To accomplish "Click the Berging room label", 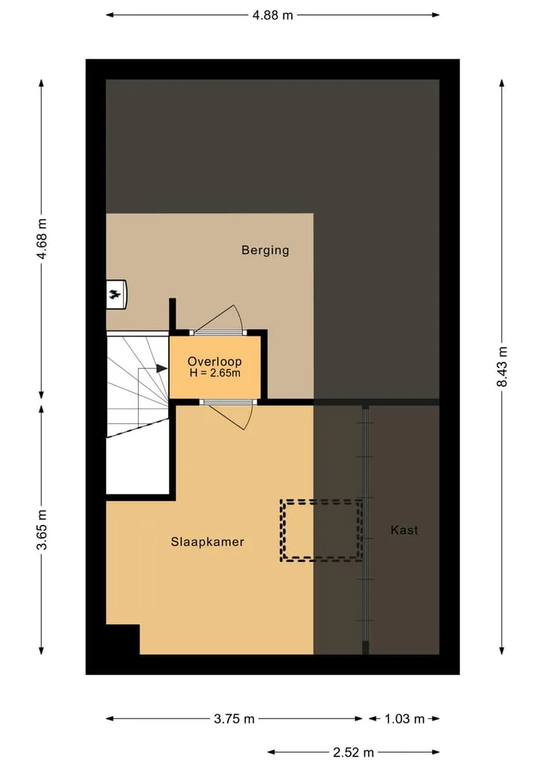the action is coord(265,250).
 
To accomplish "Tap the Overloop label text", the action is coord(215,361).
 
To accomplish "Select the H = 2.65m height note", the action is coord(215,373).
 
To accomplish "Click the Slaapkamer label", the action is coord(207,542).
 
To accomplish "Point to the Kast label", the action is coord(404,529).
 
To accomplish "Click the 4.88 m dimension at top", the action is coord(272,15).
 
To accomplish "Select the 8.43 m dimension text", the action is coord(502,367).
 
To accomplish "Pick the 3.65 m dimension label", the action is coord(42,529).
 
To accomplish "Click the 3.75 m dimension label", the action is coord(235,719).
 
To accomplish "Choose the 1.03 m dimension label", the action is coord(404,719).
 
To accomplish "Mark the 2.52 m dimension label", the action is coord(354,752).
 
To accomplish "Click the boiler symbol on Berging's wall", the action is coord(117,294).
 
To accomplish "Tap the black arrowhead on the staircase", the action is coord(161,368).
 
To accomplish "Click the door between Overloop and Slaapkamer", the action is coord(229,414).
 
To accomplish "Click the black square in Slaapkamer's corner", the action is coord(123,640).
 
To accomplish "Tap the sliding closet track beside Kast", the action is coord(366,529).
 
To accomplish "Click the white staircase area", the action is coord(137,413).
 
